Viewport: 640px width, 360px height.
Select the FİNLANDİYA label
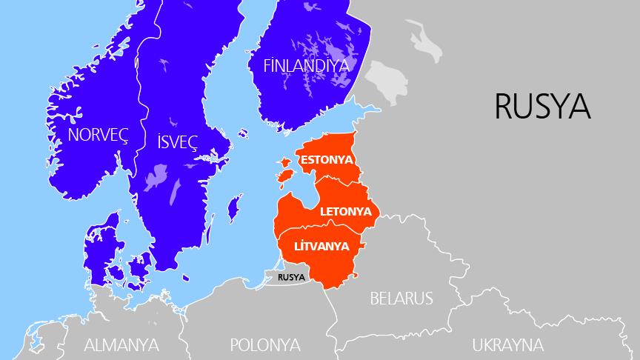pyautogui.click(x=306, y=65)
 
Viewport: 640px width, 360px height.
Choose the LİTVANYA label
pyautogui.click(x=322, y=245)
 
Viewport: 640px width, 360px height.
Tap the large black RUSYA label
pyautogui.click(x=542, y=106)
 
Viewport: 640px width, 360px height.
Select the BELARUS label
pyautogui.click(x=401, y=299)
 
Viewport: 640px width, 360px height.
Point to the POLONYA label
pyautogui.click(x=264, y=345)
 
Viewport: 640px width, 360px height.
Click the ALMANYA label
pyautogui.click(x=121, y=345)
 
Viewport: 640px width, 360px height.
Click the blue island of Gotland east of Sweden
pyautogui.click(x=233, y=208)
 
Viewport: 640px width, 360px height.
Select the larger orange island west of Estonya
pyautogui.click(x=284, y=176)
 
